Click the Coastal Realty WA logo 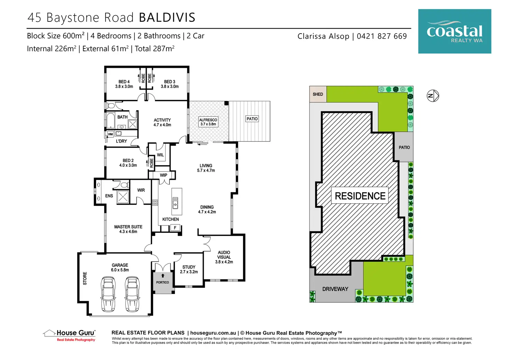454,31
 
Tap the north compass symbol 433,96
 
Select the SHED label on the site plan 318,94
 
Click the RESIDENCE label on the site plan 360,196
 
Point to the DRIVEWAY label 335,289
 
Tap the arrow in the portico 163,276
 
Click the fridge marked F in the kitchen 175,228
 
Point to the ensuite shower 123,197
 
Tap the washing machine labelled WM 110,134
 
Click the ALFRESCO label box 208,122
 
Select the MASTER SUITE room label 128,229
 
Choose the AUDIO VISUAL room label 224,257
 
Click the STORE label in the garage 85,278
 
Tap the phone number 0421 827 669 382,36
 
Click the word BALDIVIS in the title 167,18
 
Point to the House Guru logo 70,335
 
